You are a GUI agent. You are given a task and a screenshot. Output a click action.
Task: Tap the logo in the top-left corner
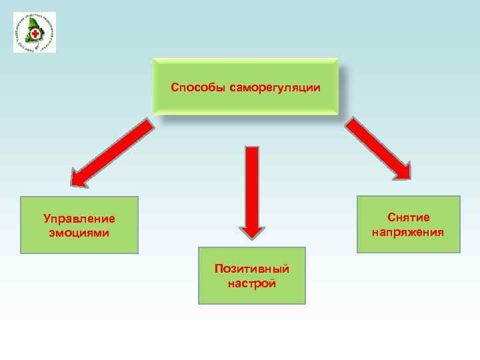coord(34,32)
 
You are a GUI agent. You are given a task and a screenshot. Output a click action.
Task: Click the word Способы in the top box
coord(198,87)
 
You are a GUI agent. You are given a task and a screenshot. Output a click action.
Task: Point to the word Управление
coord(79,218)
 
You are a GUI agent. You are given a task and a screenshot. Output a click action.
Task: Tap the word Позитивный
coord(251,269)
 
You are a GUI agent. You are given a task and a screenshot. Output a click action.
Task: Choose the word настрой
coord(251,283)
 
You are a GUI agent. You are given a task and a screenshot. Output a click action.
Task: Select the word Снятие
coord(409,217)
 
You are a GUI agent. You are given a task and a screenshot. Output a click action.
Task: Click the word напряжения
coord(409,232)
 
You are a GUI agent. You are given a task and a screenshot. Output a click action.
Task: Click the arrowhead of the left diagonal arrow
coord(80,177)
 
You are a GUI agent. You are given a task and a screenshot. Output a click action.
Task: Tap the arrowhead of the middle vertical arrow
coord(252,229)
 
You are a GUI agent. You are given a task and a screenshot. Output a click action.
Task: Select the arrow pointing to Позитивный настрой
coord(252,190)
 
